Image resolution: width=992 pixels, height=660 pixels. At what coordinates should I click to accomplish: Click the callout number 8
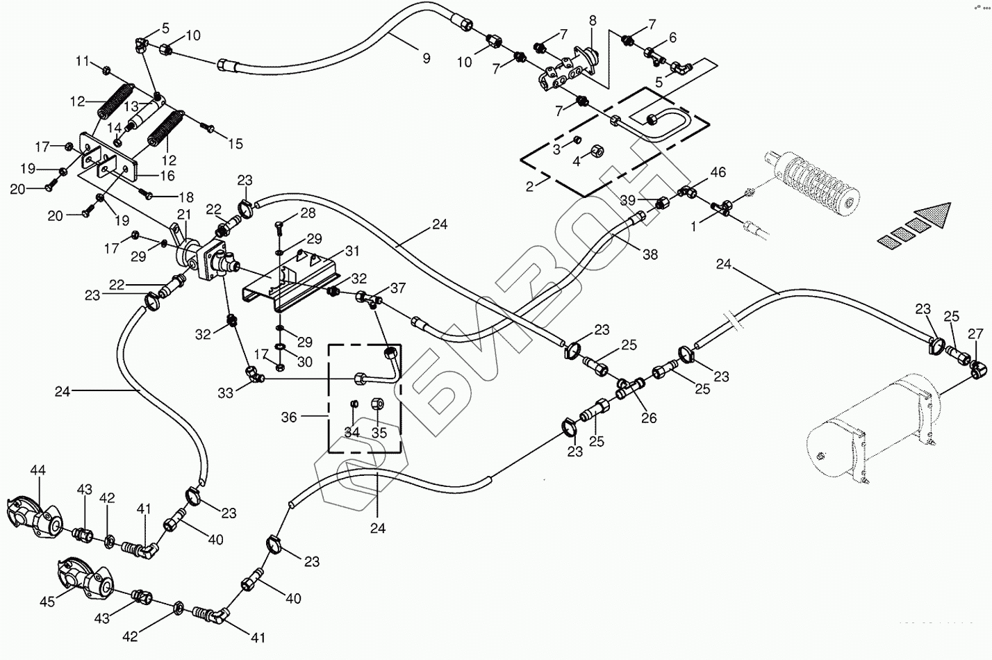pos(593,21)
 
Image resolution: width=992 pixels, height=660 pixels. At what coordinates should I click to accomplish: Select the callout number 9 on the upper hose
pos(426,58)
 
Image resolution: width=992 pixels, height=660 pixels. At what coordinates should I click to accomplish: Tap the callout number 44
pos(38,471)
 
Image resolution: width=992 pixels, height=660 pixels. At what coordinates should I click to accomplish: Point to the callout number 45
pos(47,602)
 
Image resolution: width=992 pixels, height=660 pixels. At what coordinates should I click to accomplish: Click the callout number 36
pos(289,417)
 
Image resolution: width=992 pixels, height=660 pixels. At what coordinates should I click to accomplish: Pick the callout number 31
pos(352,251)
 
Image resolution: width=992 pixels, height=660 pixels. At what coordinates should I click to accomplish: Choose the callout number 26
pos(649,418)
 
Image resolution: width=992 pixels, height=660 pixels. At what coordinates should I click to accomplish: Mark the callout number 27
pos(975,332)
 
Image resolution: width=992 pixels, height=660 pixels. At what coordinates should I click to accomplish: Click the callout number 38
pos(650,255)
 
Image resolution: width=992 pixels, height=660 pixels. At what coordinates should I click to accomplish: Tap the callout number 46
pos(718,172)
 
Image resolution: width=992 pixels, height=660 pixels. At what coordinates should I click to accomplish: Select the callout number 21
pos(184,214)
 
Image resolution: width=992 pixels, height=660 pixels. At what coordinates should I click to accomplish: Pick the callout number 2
pos(529,185)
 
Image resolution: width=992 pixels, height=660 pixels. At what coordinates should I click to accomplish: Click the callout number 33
pos(225,393)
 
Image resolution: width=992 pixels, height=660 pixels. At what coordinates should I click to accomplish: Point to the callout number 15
pos(235,144)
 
